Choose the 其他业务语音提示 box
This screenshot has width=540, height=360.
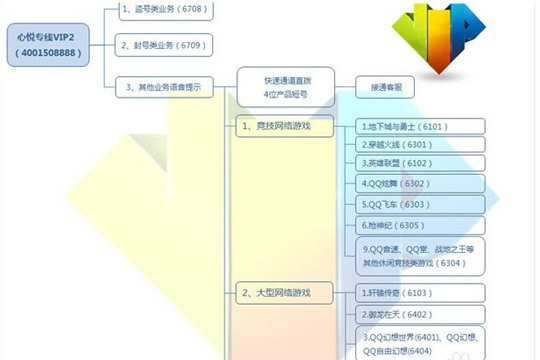point(166,87)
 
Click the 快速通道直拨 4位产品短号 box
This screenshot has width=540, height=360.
point(282,87)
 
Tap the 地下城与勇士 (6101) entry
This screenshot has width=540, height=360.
point(420,127)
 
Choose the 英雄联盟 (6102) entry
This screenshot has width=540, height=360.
point(420,163)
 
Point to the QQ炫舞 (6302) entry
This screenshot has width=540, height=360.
point(420,184)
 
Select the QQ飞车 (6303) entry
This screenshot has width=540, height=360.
point(420,205)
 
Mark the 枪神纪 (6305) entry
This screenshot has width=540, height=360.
point(420,225)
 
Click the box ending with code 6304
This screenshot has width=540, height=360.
point(420,256)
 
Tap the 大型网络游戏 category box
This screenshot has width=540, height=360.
point(283,293)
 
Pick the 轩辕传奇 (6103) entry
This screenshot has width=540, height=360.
point(420,293)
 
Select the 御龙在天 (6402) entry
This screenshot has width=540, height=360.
point(420,314)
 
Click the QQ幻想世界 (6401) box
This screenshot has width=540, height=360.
point(420,342)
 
